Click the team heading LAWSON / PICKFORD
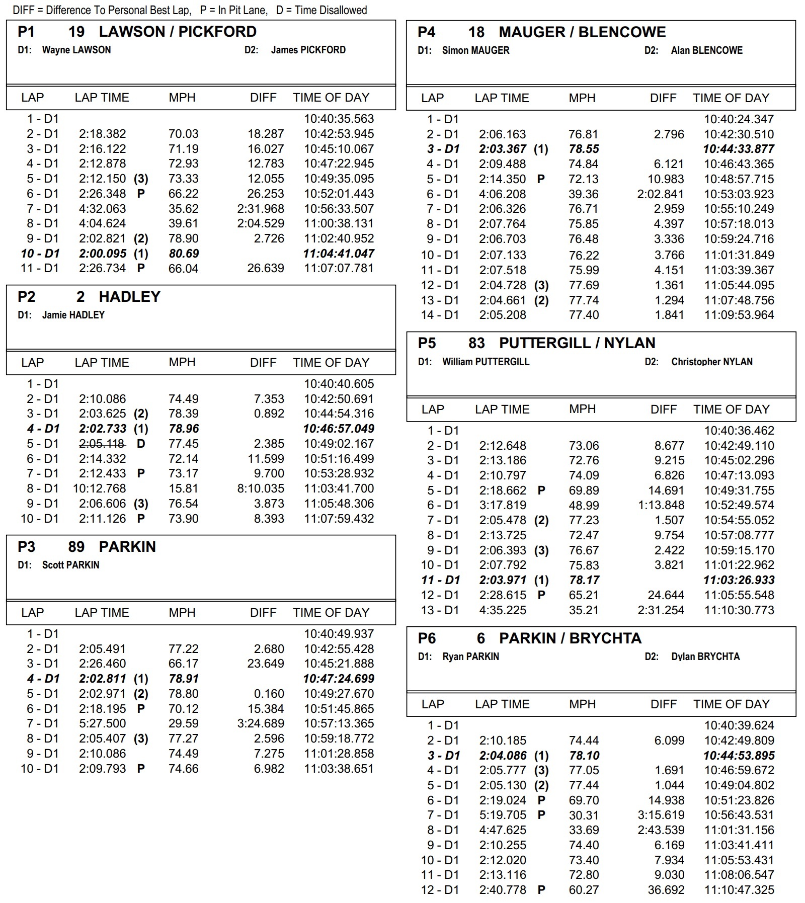pyautogui.click(x=178, y=32)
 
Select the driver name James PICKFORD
pyautogui.click(x=308, y=50)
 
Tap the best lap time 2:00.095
pyautogui.click(x=103, y=254)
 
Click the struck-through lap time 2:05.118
pyautogui.click(x=103, y=444)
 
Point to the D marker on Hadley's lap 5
pyautogui.click(x=141, y=444)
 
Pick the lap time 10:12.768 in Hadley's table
pyautogui.click(x=100, y=488)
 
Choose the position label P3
pyautogui.click(x=27, y=547)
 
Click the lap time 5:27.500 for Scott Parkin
pyautogui.click(x=103, y=723)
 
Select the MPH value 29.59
pyautogui.click(x=184, y=723)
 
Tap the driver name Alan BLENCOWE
pyautogui.click(x=706, y=50)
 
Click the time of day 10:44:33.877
pyautogui.click(x=739, y=149)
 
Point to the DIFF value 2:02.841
pyautogui.click(x=661, y=194)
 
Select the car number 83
pyautogui.click(x=476, y=343)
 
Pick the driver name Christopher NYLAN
pyautogui.click(x=711, y=362)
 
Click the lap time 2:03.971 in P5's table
pyautogui.click(x=503, y=580)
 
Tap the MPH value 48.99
pyautogui.click(x=584, y=505)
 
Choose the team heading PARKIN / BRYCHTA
pyautogui.click(x=570, y=638)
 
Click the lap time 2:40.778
pyautogui.click(x=503, y=890)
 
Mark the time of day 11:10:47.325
pyautogui.click(x=739, y=890)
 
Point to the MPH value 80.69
pyautogui.click(x=184, y=254)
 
